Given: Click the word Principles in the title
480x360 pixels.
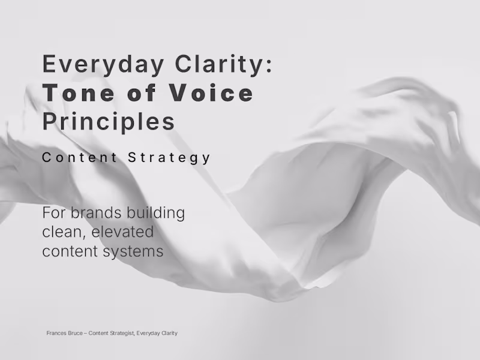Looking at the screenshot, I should tap(109, 122).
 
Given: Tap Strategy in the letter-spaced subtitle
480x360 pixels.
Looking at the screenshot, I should tap(170, 158).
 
